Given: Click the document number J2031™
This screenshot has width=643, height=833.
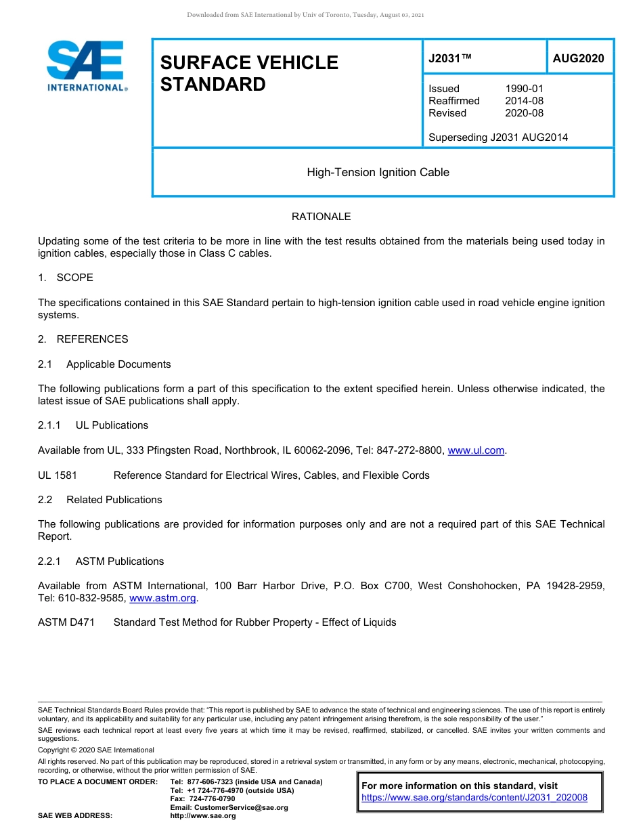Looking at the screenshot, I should point(449,58).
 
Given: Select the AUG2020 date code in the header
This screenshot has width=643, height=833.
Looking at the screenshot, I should point(578,58).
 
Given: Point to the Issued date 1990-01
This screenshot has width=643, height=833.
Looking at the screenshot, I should point(524,89).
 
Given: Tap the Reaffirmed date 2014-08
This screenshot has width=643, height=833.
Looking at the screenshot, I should point(524,101).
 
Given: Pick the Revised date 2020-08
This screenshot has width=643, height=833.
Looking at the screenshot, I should point(524,113).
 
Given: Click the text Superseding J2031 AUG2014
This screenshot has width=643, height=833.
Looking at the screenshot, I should point(498,137).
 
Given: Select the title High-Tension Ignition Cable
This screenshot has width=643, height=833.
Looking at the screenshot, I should point(378,173).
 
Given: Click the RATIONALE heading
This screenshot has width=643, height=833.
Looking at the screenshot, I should point(321,217).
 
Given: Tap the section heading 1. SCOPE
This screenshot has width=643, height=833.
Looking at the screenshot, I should point(66,278).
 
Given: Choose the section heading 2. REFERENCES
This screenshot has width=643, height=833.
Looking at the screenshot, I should point(83,339).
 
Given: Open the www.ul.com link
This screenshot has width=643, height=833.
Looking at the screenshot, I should point(476,450).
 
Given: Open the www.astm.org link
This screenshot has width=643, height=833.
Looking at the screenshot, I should point(162,598).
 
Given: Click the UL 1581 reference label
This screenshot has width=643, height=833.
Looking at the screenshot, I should point(58,475).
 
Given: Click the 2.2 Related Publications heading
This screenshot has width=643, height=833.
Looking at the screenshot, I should point(101,500).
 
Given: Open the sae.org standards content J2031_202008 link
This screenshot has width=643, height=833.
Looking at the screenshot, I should point(474,798).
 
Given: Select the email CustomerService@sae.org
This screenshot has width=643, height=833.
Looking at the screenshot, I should point(229,807).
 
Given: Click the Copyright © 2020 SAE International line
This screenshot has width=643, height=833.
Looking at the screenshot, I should point(96,750).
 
